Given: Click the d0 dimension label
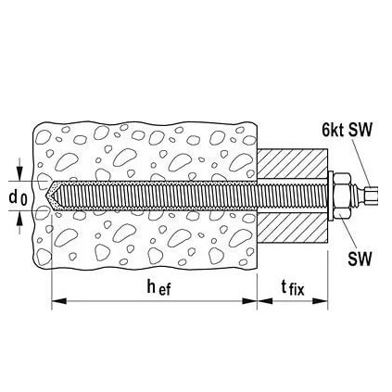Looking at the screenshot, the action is [18, 198].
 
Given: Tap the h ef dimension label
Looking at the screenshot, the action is [158, 288].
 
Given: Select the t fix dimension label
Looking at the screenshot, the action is [293, 288].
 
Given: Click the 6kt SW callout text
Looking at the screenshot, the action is [347, 130].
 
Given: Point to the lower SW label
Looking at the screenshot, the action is [360, 259].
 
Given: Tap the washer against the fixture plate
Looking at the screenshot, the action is [331, 196].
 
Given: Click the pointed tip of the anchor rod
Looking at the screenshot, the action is [45, 196].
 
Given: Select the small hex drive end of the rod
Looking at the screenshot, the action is [372, 196].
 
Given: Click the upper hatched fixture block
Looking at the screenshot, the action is [292, 164].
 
